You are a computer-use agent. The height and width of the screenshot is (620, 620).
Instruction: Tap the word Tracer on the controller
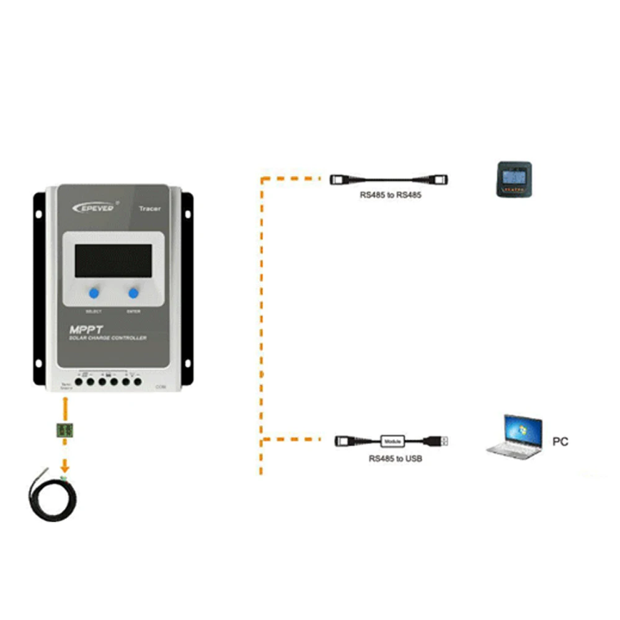pyautogui.click(x=149, y=209)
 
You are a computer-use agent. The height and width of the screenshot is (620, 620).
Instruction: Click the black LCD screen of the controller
pyautogui.click(x=113, y=260)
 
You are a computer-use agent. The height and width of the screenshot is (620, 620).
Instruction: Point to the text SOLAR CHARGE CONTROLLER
pyautogui.click(x=108, y=339)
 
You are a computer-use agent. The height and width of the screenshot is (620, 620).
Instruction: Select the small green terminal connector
pyautogui.click(x=64, y=429)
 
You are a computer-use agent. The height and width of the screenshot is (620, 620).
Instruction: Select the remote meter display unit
pyautogui.click(x=514, y=180)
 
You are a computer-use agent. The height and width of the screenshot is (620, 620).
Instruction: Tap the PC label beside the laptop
pyautogui.click(x=560, y=442)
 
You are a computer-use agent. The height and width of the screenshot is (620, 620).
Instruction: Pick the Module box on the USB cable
pyautogui.click(x=393, y=441)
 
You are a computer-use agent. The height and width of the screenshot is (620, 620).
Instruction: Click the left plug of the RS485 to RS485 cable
pyautogui.click(x=340, y=179)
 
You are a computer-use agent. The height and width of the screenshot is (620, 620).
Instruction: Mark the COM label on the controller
pyautogui.click(x=161, y=387)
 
